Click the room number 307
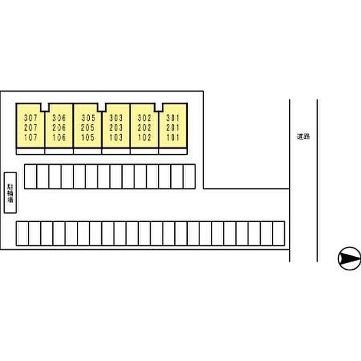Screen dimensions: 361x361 click(30, 118)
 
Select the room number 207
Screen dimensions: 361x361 click(30, 128)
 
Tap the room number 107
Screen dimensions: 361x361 click(30, 138)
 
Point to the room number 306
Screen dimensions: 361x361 click(59, 118)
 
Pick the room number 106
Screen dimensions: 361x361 click(59, 138)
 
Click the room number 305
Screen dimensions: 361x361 click(88, 118)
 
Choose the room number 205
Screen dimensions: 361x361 click(88, 128)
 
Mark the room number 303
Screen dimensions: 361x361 click(116, 118)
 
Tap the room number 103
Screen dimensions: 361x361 click(116, 138)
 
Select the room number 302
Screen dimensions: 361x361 click(144, 118)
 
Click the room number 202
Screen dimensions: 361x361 click(144, 128)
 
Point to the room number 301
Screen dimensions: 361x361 click(173, 118)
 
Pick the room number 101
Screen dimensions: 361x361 click(173, 138)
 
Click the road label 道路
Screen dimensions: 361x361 click(303, 137)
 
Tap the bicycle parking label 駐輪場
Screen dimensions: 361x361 click(10, 193)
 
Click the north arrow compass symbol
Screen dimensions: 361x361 click(349, 258)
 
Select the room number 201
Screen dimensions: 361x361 click(173, 128)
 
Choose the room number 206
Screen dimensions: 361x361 click(59, 128)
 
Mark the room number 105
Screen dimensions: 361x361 click(88, 138)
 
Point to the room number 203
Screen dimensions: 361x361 click(116, 128)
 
